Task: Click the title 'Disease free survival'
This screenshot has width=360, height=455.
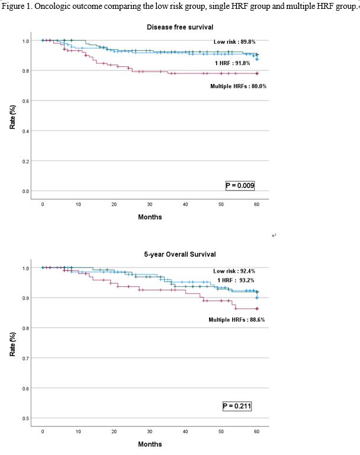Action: (179, 27)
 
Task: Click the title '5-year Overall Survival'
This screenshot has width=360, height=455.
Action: (179, 254)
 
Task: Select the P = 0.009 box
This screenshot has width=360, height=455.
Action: (240, 186)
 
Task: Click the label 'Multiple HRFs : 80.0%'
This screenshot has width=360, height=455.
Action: (238, 86)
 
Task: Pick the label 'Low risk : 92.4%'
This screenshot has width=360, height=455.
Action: (234, 271)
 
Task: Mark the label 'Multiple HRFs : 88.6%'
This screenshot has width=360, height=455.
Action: (236, 320)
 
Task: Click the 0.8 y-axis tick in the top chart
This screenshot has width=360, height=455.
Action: (25, 71)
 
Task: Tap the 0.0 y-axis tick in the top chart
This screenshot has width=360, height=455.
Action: (25, 191)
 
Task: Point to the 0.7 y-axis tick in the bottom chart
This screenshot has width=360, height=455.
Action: (25, 359)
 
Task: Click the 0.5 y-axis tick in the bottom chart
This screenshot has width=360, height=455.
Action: (25, 419)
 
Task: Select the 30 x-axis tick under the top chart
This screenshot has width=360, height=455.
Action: (150, 204)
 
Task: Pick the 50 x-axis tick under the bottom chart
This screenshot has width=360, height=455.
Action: (221, 432)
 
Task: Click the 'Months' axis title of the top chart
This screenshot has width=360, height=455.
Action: (150, 217)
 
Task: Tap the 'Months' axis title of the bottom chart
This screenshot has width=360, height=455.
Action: (150, 444)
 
